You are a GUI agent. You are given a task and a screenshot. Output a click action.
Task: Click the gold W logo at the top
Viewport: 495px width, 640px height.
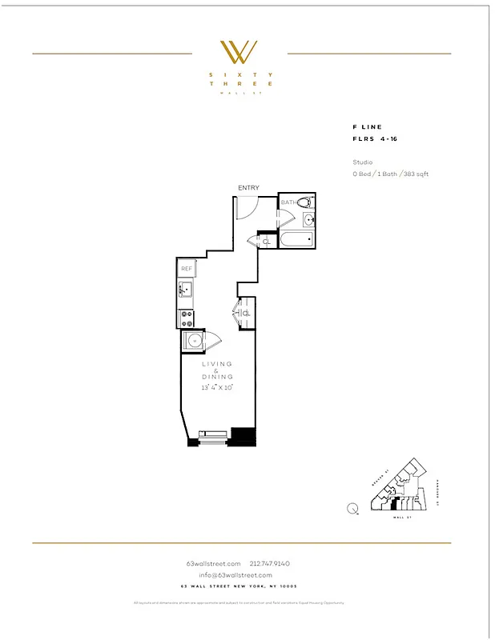pyautogui.click(x=239, y=52)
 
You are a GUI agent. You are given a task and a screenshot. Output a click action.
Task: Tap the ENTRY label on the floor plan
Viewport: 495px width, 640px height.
pyautogui.click(x=248, y=188)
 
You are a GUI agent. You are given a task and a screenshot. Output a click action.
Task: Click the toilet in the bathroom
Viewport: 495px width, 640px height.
pyautogui.click(x=304, y=202)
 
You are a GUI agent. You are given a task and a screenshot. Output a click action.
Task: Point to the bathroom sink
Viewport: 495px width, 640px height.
pyautogui.click(x=309, y=220)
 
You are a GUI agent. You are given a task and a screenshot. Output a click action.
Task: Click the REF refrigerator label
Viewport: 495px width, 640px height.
pyautogui.click(x=186, y=269)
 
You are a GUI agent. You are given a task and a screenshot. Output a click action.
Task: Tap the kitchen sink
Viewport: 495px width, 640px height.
pyautogui.click(x=186, y=290)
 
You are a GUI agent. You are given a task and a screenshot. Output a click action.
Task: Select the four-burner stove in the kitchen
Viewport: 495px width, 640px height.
pyautogui.click(x=186, y=318)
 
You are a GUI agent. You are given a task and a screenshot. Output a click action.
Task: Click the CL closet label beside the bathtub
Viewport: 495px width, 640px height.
pyautogui.click(x=266, y=241)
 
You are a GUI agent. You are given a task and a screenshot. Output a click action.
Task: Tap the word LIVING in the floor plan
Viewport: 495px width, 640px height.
pyautogui.click(x=217, y=364)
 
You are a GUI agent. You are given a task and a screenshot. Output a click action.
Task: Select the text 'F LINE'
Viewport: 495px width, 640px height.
pyautogui.click(x=367, y=127)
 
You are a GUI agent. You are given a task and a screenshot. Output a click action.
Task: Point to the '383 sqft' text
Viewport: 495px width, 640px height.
pyautogui.click(x=416, y=174)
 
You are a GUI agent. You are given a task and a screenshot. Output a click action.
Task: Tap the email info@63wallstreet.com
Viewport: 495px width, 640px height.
pyautogui.click(x=235, y=575)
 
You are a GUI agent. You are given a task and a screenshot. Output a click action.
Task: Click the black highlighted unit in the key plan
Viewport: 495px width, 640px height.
pyautogui.click(x=395, y=505)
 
